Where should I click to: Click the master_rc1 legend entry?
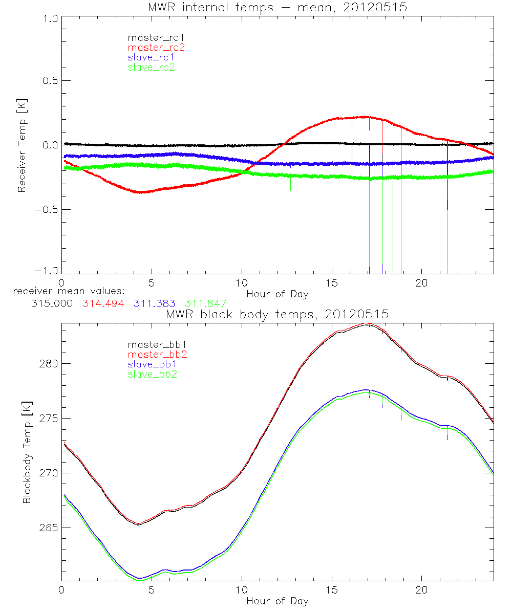coord(152,38)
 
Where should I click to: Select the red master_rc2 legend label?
coord(156,48)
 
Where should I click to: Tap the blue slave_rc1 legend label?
coord(152,57)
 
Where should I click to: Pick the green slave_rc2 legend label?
coord(152,67)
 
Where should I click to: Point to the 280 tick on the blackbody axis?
coord(47,364)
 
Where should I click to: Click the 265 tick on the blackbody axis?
coord(47,528)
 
